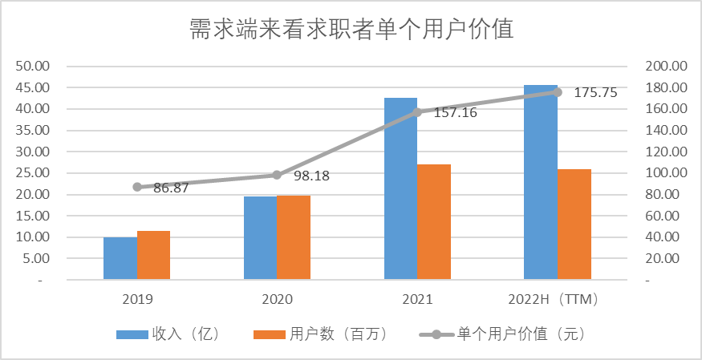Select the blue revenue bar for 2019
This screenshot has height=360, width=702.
[120, 259]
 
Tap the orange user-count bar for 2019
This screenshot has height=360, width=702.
[153, 256]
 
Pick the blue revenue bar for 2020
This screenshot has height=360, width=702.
[260, 238]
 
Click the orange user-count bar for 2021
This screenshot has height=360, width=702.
[433, 222]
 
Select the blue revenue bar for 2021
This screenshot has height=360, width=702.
[400, 189]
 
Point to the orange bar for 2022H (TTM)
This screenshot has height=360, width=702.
[574, 224]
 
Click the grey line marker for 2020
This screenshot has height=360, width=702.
[277, 175]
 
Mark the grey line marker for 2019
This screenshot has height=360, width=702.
[137, 187]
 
